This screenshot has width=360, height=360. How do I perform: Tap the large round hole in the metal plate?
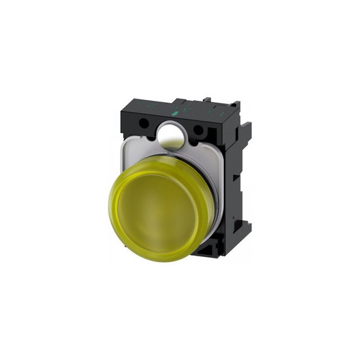[x=171, y=135]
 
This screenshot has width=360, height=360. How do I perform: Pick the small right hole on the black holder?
[x=197, y=130]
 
